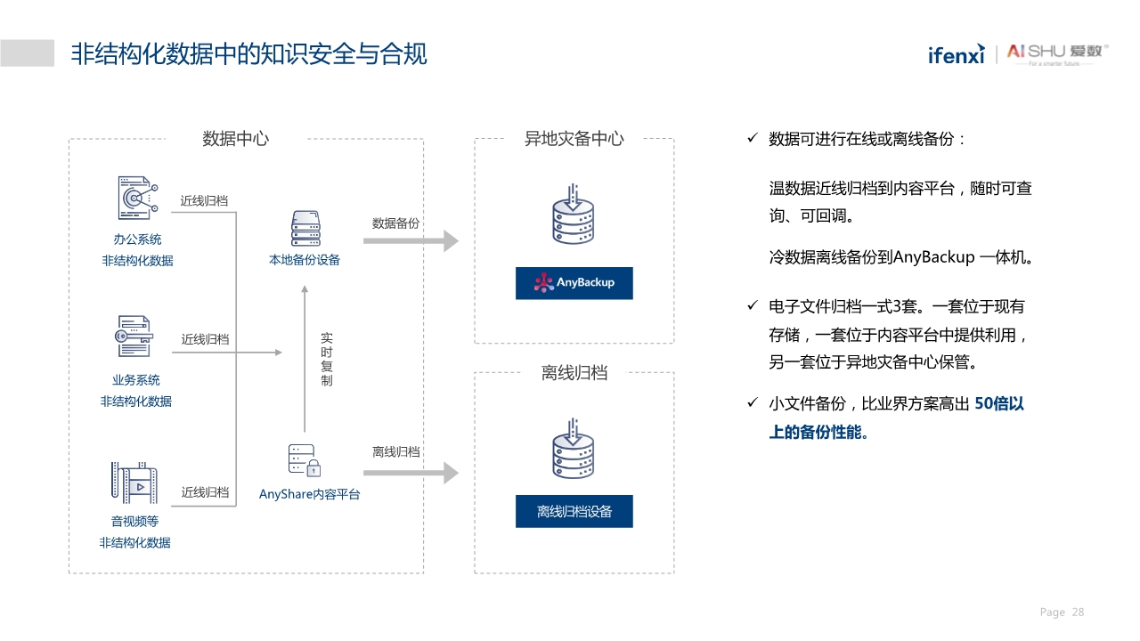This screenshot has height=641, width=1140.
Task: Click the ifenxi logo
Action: (x=956, y=54)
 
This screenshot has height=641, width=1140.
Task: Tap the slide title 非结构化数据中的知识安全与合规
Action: (x=248, y=54)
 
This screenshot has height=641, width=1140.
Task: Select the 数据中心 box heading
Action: (x=235, y=139)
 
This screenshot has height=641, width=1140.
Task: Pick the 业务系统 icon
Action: (x=134, y=337)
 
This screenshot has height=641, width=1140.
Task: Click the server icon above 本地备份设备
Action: (x=305, y=229)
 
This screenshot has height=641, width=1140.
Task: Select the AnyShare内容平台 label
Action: (x=309, y=494)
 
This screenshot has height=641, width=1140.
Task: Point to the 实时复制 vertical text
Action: (x=326, y=360)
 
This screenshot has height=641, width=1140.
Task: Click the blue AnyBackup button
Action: (x=574, y=283)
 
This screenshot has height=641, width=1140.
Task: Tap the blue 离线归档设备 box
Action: (x=574, y=512)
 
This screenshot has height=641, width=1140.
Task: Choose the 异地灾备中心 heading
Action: (x=574, y=139)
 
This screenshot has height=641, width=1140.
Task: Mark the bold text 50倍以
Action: (x=999, y=404)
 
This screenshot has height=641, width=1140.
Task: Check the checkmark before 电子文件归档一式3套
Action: (x=751, y=306)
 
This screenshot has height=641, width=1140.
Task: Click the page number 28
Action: (x=1078, y=613)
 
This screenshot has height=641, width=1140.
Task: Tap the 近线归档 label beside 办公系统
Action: (x=204, y=201)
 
